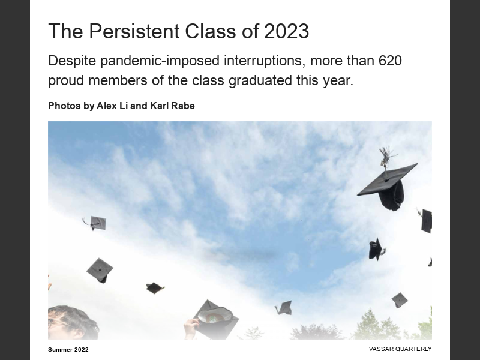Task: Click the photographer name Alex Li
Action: click(112, 106)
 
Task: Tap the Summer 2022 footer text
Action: click(68, 349)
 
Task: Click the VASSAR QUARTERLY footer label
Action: click(400, 349)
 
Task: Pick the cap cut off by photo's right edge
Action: click(426, 220)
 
